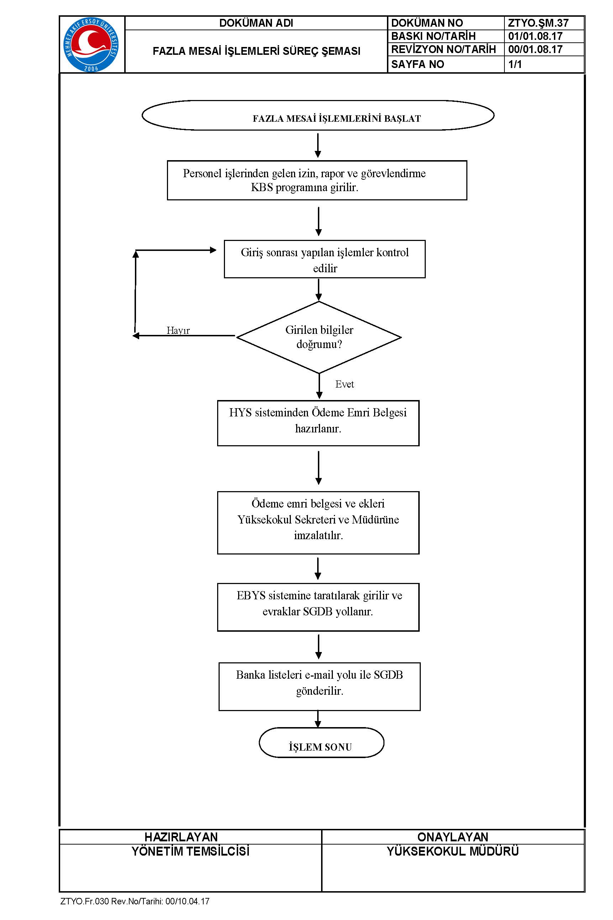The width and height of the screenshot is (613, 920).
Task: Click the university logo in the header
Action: pyautogui.click(x=91, y=44)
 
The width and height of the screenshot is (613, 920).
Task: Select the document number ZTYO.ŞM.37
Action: pyautogui.click(x=538, y=23)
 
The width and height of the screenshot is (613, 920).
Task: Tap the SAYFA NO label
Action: pyautogui.click(x=418, y=64)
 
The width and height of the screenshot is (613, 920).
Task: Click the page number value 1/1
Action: pyautogui.click(x=515, y=64)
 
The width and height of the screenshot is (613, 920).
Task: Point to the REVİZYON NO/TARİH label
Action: pyautogui.click(x=443, y=49)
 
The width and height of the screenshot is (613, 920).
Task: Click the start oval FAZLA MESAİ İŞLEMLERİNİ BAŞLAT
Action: pyautogui.click(x=318, y=115)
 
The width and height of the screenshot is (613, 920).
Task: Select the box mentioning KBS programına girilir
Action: pyautogui.click(x=317, y=180)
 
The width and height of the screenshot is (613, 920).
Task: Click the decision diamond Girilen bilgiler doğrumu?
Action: pyautogui.click(x=319, y=337)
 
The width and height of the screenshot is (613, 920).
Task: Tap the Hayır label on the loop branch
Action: pyautogui.click(x=178, y=330)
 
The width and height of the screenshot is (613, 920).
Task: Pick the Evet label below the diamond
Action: pyautogui.click(x=345, y=384)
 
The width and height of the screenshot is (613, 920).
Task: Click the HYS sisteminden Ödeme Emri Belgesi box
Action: pyautogui.click(x=318, y=423)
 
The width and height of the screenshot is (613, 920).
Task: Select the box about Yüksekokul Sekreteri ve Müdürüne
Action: pyautogui.click(x=318, y=522)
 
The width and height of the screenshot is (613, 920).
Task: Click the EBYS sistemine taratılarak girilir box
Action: pyautogui.click(x=318, y=607)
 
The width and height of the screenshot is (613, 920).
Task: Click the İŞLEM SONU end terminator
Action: pyautogui.click(x=321, y=742)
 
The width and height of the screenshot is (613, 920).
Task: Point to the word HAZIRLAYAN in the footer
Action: pyautogui.click(x=181, y=837)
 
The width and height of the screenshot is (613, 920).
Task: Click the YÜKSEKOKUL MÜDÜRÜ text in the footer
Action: pyautogui.click(x=453, y=851)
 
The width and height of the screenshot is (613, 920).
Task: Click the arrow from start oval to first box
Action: pyautogui.click(x=318, y=146)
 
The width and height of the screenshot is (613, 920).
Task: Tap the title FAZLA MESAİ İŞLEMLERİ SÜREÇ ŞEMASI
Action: pyautogui.click(x=256, y=51)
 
